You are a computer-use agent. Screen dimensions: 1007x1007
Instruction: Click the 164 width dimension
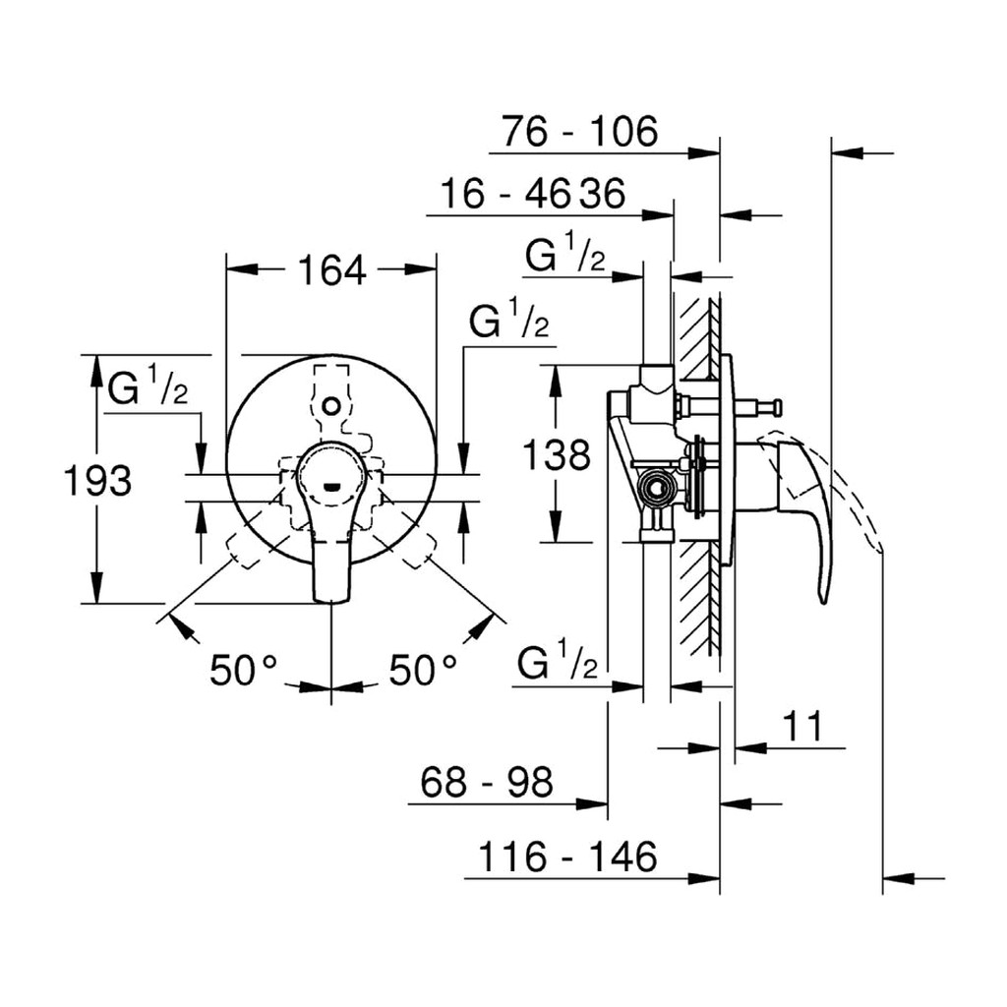click(332, 270)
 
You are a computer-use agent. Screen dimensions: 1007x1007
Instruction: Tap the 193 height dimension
click(97, 480)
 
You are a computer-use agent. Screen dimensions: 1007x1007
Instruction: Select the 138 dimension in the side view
click(557, 455)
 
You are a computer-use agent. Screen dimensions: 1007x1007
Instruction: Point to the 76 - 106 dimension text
click(580, 132)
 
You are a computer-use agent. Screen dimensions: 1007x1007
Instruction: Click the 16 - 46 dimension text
click(504, 194)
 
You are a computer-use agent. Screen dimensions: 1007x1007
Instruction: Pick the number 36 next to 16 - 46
click(603, 194)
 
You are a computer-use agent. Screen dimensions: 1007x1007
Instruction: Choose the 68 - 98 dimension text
click(486, 782)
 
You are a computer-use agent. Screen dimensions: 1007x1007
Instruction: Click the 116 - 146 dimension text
click(567, 857)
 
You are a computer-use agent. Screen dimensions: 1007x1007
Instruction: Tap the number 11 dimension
click(802, 727)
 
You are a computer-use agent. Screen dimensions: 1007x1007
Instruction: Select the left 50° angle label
click(244, 671)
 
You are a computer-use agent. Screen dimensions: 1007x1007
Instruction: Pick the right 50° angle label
click(423, 671)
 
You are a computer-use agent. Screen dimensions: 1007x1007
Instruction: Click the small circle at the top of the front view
click(331, 406)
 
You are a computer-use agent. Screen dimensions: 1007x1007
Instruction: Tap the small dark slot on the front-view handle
click(331, 486)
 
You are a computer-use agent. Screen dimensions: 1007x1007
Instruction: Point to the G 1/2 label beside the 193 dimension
click(148, 385)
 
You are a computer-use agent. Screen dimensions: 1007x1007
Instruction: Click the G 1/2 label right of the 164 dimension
click(508, 318)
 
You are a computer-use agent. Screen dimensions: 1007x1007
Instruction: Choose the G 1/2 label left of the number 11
click(558, 660)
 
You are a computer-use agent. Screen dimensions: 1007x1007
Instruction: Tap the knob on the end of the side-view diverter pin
click(777, 407)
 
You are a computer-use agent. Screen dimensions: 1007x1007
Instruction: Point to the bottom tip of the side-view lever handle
click(824, 603)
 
